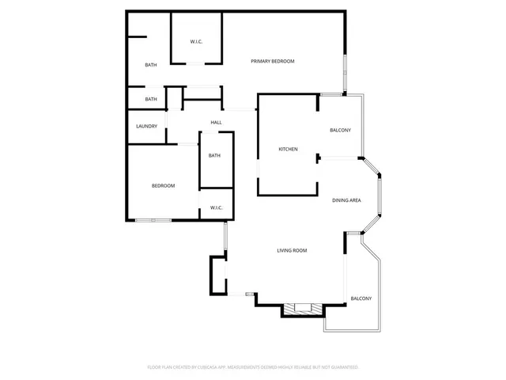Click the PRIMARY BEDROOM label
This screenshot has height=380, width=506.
click(273, 61)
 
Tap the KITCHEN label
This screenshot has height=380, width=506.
click(288, 150)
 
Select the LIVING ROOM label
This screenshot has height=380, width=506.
click(292, 251)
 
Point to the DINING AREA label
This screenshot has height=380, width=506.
click(346, 200)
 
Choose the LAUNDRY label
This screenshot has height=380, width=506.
click(146, 127)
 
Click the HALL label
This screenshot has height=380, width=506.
click(216, 123)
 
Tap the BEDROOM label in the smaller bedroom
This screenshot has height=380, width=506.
click(163, 186)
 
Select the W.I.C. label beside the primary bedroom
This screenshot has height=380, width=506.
click(197, 41)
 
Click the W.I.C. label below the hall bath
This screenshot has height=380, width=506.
click(216, 208)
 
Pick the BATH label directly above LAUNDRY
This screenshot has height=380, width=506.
click(150, 99)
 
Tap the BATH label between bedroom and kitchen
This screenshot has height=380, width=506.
click(214, 156)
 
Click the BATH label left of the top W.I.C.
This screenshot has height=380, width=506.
click(150, 65)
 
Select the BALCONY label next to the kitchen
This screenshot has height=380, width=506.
click(340, 130)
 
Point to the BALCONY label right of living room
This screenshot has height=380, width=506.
click(361, 298)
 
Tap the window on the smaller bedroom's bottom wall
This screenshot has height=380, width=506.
click(153, 220)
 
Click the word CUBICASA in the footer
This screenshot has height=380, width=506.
click(210, 367)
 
